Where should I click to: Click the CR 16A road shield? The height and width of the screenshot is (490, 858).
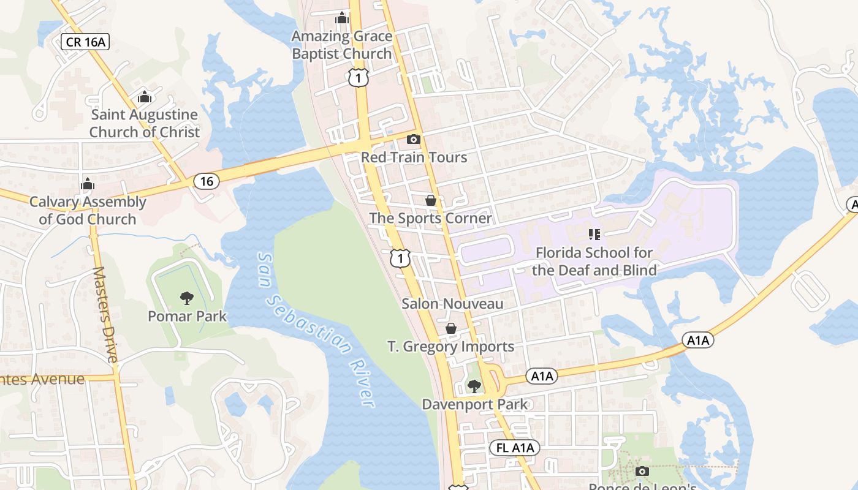tap(85, 42)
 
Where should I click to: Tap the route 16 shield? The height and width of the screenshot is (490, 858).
tap(207, 181)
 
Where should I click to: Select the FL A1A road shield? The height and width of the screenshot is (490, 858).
tap(515, 448)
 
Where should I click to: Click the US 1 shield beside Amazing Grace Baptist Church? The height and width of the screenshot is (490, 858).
tap(359, 77)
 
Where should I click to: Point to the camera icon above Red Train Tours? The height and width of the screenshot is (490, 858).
tap(414, 140)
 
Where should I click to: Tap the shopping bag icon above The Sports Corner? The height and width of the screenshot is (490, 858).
tap(431, 200)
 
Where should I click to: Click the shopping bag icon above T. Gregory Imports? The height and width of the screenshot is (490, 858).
tap(451, 329)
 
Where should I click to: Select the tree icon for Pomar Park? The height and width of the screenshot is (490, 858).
tap(187, 299)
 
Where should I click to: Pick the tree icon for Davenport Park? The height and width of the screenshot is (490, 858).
tap(474, 386)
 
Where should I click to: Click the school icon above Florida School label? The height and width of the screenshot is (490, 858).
tap(594, 234)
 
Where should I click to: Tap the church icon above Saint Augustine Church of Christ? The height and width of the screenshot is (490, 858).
tap(144, 97)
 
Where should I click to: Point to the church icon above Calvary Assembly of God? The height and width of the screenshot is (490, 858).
tap(88, 184)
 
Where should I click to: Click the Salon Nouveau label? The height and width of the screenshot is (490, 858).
tap(452, 304)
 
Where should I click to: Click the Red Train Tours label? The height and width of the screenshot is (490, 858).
tap(414, 157)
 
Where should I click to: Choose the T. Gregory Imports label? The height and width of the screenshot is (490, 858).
tap(451, 347)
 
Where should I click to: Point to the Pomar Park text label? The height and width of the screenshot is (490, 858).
tap(187, 317)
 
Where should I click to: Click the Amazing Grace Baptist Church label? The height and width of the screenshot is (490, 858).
tap(341, 45)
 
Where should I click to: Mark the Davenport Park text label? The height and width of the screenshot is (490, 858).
tap(474, 404)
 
